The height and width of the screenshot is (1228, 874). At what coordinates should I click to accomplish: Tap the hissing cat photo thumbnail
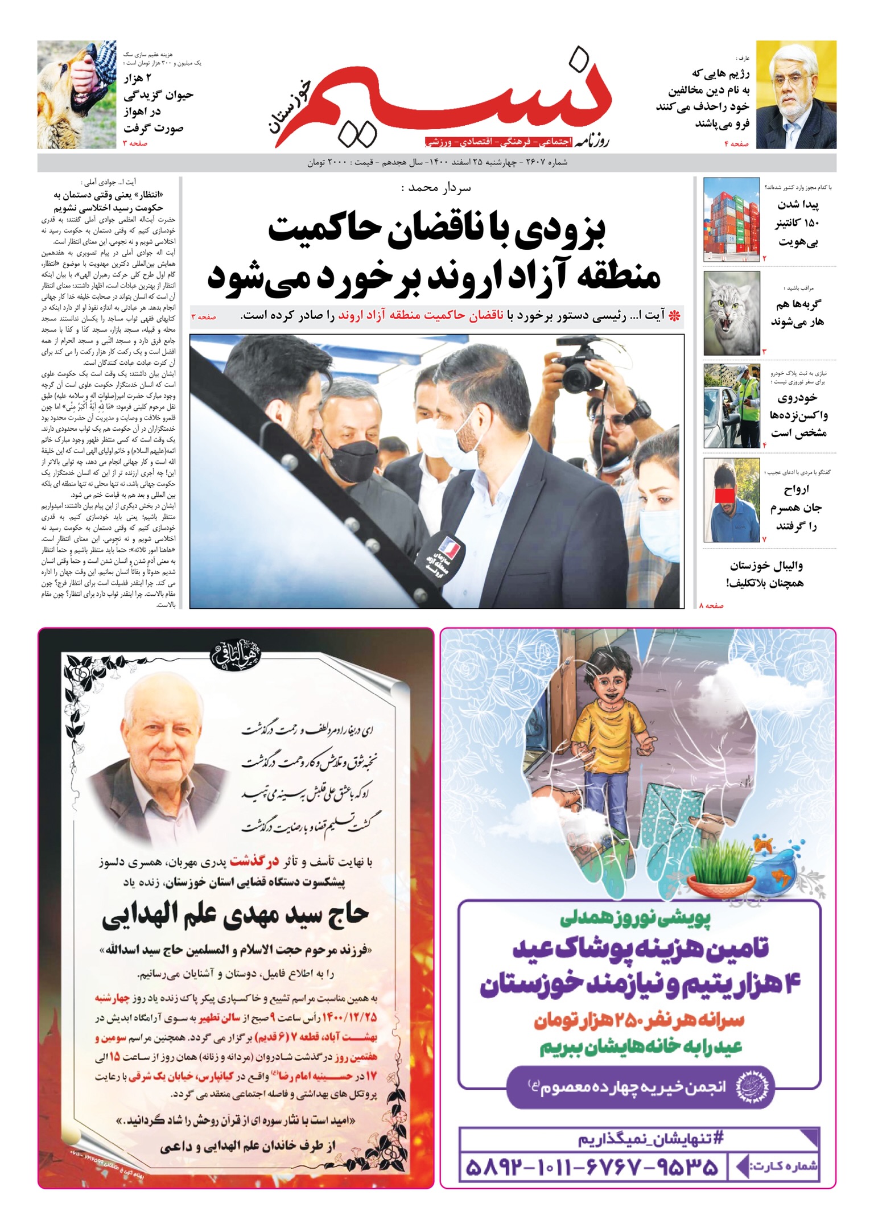pos(731,313)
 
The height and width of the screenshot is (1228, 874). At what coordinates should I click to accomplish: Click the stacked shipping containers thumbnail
pos(731,220)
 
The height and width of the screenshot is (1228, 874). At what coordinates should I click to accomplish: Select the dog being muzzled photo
pos(77,94)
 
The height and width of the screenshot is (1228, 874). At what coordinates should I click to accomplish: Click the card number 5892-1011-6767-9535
pos(592,1168)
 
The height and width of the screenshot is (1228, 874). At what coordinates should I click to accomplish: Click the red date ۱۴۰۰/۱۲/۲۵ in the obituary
pos(349,1017)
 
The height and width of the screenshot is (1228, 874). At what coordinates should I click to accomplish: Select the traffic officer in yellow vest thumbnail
pos(731,406)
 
